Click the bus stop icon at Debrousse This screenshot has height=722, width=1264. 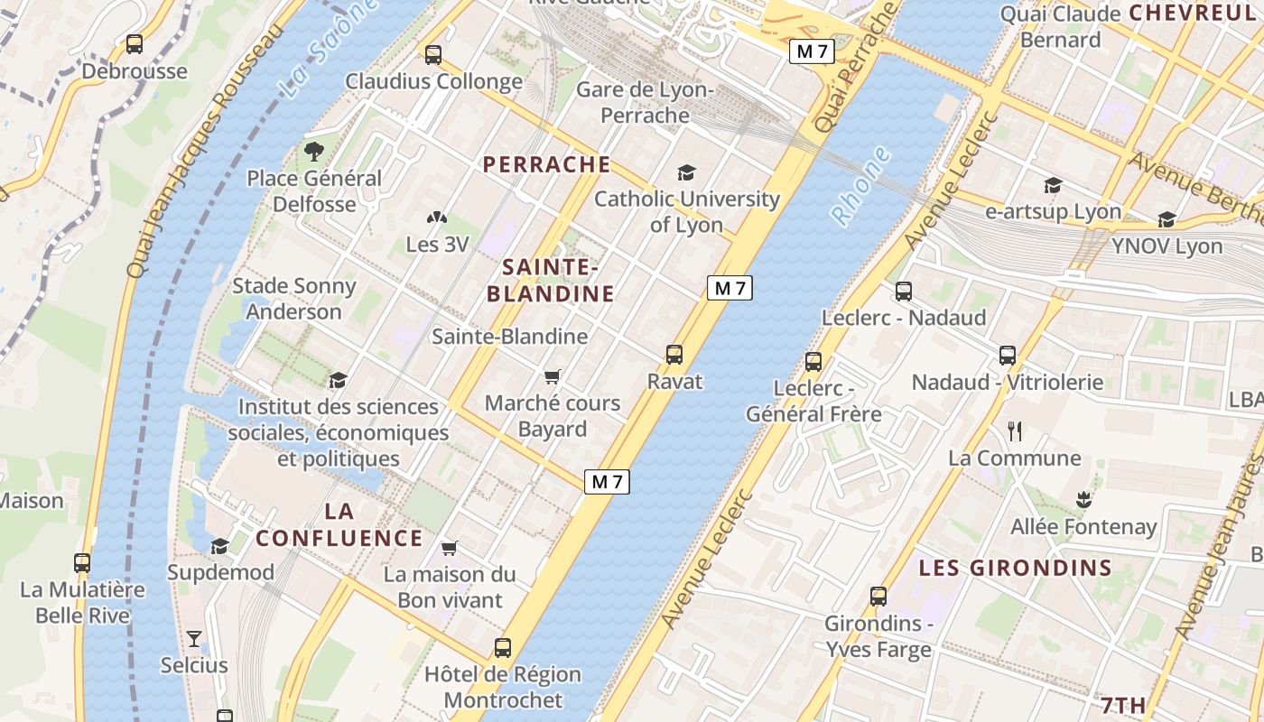tap(135, 43)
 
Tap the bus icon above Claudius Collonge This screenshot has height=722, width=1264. tap(433, 54)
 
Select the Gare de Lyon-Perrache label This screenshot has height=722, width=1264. tap(645, 103)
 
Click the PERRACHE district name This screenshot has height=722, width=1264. tap(546, 164)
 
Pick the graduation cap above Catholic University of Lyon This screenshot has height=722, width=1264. tap(687, 172)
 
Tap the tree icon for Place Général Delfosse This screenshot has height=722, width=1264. tap(314, 151)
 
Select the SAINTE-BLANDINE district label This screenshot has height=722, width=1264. tap(551, 281)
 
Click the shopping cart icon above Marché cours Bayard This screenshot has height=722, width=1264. tap(553, 376)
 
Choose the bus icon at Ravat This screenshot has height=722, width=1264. tap(674, 355)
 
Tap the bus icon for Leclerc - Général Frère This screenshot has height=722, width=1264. tap(813, 362)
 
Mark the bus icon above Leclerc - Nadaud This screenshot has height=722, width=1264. tap(904, 292)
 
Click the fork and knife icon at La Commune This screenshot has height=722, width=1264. tap(1015, 431)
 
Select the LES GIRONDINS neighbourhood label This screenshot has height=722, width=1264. tap(1015, 569)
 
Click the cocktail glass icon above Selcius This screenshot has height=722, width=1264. tap(194, 639)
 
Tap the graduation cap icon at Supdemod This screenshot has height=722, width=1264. tap(219, 546)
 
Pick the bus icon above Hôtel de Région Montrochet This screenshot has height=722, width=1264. tap(503, 648)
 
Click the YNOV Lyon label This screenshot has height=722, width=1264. tap(1166, 246)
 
